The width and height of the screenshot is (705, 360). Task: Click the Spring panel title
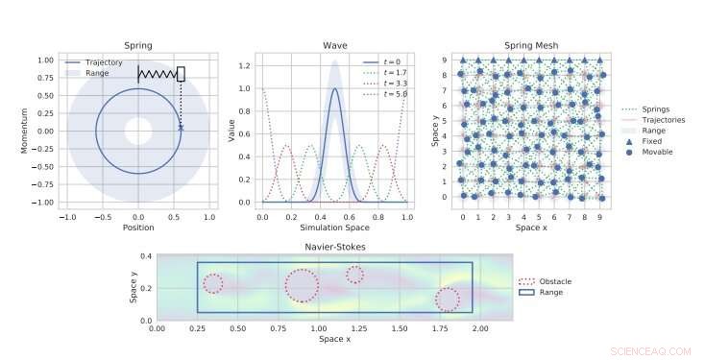138,45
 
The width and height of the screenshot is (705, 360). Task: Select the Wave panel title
334,45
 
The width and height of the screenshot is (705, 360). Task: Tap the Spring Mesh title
531,45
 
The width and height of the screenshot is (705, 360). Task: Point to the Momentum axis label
40,130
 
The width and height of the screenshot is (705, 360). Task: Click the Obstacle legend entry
548,281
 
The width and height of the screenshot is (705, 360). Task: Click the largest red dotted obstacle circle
302,285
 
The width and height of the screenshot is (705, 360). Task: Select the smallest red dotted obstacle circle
354,275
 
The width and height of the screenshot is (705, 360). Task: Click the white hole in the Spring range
138,131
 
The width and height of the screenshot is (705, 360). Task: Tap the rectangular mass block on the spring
181,73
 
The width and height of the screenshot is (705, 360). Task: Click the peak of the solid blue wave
334,89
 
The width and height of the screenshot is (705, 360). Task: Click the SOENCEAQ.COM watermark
644,352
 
